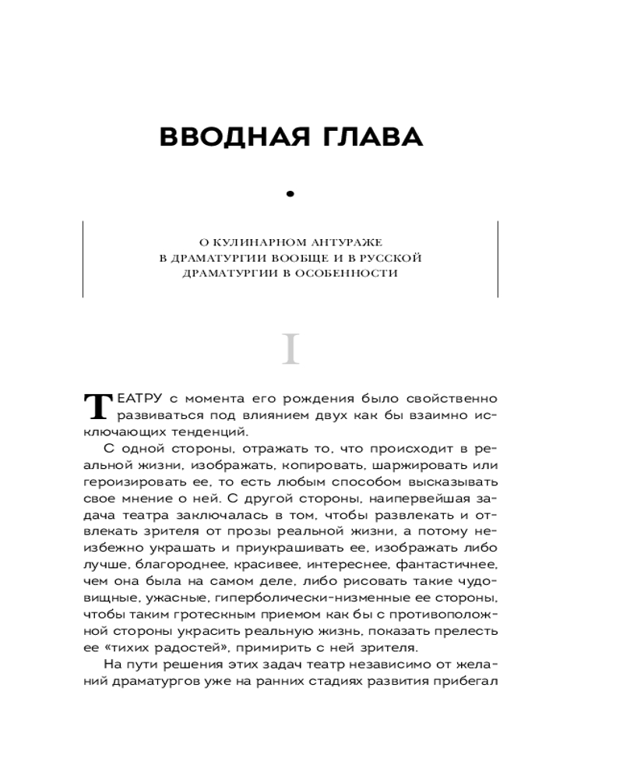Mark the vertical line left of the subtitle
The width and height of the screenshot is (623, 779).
click(83, 258)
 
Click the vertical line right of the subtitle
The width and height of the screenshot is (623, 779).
click(498, 258)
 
